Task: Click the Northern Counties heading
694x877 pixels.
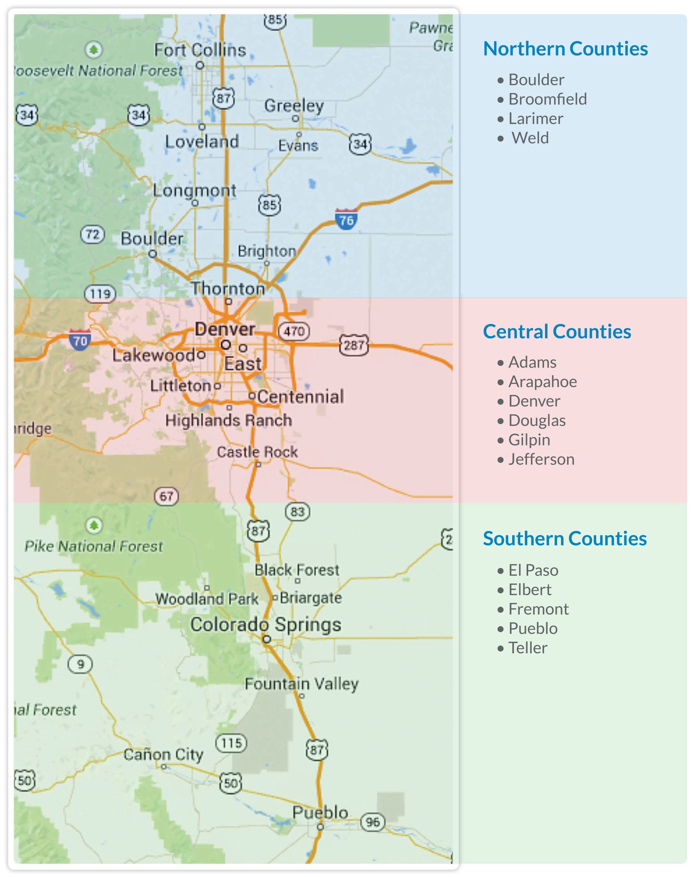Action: coord(565,49)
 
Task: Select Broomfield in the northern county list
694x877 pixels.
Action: coord(547,99)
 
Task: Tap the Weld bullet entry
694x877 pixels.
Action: coord(530,138)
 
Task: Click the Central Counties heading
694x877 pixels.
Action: coord(557,331)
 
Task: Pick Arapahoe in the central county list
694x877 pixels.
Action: coord(542,382)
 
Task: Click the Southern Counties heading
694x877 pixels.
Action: coord(564,539)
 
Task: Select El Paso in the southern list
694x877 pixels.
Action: coord(533,570)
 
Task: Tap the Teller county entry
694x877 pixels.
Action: coord(527,648)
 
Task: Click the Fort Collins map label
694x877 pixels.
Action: coord(200,50)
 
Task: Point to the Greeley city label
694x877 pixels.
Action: coord(294,106)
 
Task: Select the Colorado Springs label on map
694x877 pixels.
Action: coord(266,624)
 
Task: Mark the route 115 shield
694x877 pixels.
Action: coord(231,743)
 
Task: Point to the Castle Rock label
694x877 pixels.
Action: coord(257,452)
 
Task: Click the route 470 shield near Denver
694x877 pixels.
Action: coord(294,331)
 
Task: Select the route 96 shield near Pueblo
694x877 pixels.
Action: coord(372,822)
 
